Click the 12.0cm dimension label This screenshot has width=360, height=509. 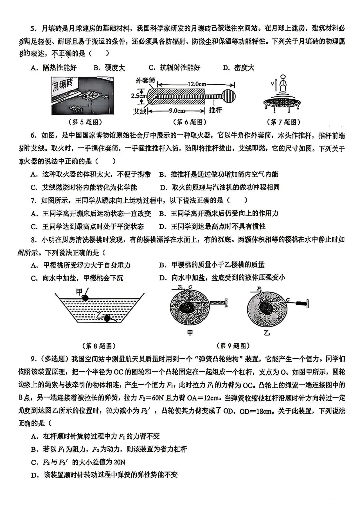tap(196, 84)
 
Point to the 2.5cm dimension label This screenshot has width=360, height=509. tap(139, 96)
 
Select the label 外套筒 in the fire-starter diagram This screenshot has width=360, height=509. tap(145, 81)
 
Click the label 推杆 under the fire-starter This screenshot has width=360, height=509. tap(215, 110)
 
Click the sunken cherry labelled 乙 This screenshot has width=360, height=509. tap(107, 318)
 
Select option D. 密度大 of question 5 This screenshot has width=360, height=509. tap(239, 68)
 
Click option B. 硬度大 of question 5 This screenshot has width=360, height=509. tap(109, 68)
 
